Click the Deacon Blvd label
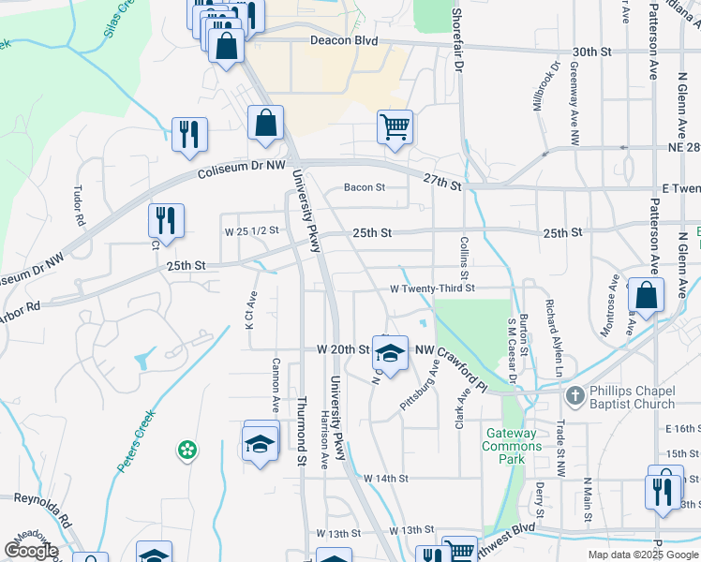[x=344, y=41]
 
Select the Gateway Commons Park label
[x=512, y=440]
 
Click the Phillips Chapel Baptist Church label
[x=632, y=397]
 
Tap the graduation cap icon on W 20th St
[x=390, y=352]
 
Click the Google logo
[x=30, y=551]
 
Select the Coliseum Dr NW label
[x=242, y=170]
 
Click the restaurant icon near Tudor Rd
[x=166, y=221]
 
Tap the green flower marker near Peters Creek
[x=187, y=451]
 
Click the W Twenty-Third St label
[x=433, y=288]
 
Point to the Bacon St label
[x=365, y=187]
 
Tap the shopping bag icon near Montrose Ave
[x=647, y=294]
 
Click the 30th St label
[x=592, y=52]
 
